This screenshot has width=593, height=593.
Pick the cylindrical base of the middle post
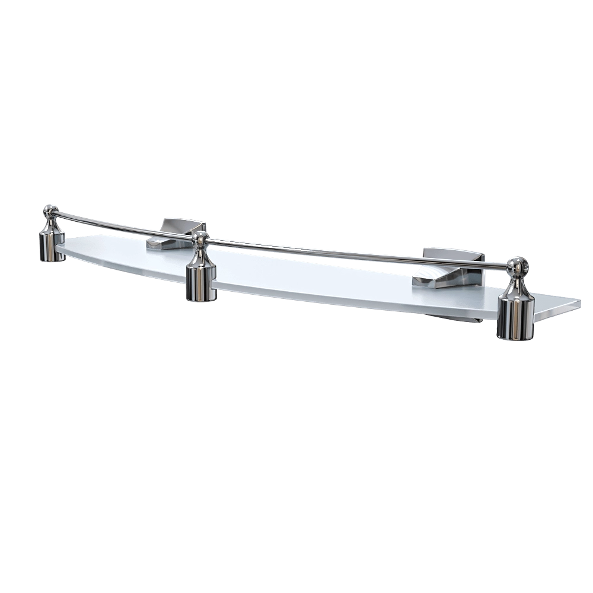tap(201, 284)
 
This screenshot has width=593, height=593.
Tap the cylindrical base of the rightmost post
tap(515, 320)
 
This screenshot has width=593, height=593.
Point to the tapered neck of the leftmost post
tap(52, 224)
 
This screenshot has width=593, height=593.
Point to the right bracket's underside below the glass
tap(468, 321)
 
